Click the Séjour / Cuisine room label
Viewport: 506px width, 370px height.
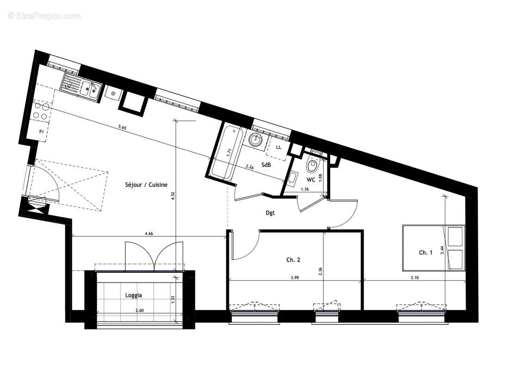pyautogui.click(x=146, y=185)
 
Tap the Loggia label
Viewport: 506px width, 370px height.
pyautogui.click(x=134, y=295)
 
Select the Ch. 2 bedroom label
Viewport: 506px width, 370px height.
pyautogui.click(x=293, y=260)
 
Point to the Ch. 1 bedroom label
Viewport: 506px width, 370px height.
pyautogui.click(x=426, y=252)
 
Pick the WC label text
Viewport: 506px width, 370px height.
pyautogui.click(x=311, y=179)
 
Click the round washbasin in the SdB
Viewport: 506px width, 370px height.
pyautogui.click(x=255, y=138)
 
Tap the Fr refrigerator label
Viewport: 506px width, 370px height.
pyautogui.click(x=41, y=132)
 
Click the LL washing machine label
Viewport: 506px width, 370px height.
pyautogui.click(x=278, y=147)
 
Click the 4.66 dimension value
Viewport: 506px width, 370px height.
pyautogui.click(x=149, y=234)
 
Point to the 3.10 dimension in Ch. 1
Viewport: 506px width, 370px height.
pyautogui.click(x=415, y=277)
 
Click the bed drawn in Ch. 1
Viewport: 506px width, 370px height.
pyautogui.click(x=433, y=247)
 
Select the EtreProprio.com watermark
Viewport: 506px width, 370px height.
pyautogui.click(x=44, y=16)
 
